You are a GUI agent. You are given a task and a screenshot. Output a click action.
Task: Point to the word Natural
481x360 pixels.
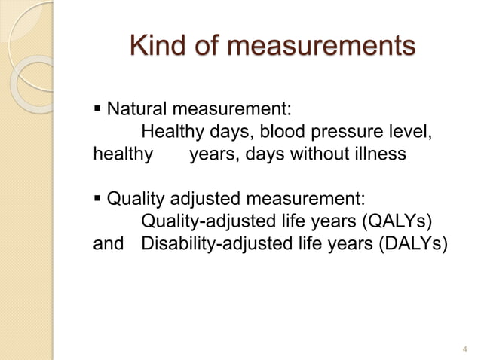coord(136,110)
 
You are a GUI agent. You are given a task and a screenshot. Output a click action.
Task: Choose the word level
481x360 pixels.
coord(412,133)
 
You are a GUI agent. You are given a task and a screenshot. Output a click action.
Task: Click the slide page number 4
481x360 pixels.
coord(463,348)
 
